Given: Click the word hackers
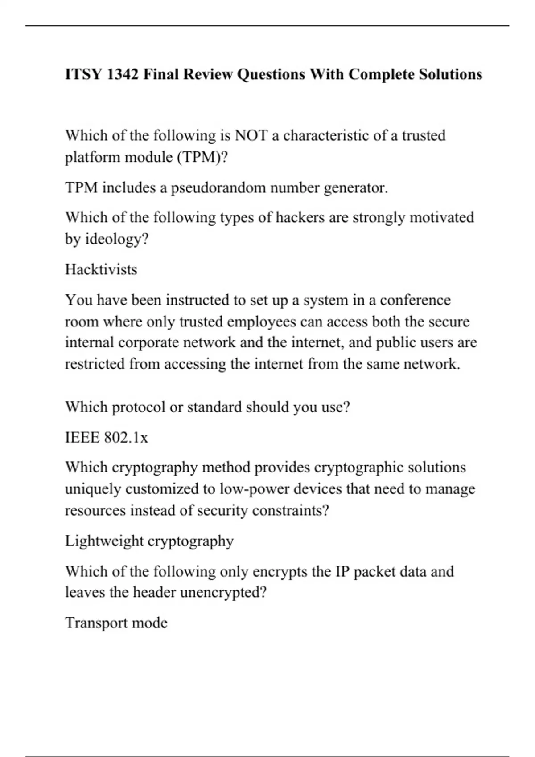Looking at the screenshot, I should [x=300, y=217].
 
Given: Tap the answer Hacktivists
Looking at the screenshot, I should [x=101, y=269].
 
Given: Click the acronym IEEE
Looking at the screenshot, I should [x=82, y=438].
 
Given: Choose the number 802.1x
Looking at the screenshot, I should [x=126, y=438].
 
